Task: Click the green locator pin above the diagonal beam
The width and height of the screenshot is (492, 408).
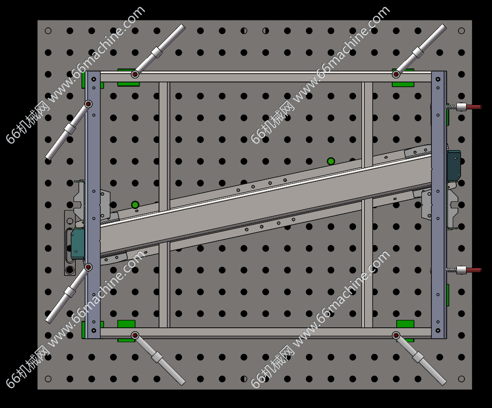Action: (331, 161)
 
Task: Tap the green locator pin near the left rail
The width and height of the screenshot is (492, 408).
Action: (135, 205)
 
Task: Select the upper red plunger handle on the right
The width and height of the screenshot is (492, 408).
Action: (474, 107)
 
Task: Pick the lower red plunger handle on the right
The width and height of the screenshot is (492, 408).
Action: (474, 270)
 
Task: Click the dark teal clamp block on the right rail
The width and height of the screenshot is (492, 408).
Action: (454, 166)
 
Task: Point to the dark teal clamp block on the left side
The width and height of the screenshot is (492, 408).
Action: (78, 244)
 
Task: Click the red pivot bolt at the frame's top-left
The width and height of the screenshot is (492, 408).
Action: (135, 75)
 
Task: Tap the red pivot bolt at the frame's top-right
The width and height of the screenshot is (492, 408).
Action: (396, 75)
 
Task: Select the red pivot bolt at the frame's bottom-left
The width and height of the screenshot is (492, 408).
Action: (135, 335)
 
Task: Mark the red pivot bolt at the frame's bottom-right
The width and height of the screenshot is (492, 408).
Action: (396, 335)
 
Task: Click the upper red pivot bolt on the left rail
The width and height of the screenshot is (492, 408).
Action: (88, 104)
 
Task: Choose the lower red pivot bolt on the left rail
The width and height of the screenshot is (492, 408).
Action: (88, 267)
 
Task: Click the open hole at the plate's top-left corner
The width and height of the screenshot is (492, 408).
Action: (48, 31)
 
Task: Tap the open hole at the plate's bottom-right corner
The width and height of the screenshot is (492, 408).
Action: (461, 379)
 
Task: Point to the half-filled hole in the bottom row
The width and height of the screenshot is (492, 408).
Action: (244, 379)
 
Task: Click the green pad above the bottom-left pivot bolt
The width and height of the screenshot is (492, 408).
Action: (126, 324)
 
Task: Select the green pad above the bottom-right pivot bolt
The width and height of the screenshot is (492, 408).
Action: (405, 324)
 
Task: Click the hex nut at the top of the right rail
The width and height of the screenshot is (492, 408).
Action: (438, 79)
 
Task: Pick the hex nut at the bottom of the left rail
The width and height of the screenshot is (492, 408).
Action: (94, 330)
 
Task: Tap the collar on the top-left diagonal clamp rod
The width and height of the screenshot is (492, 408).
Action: (157, 52)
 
